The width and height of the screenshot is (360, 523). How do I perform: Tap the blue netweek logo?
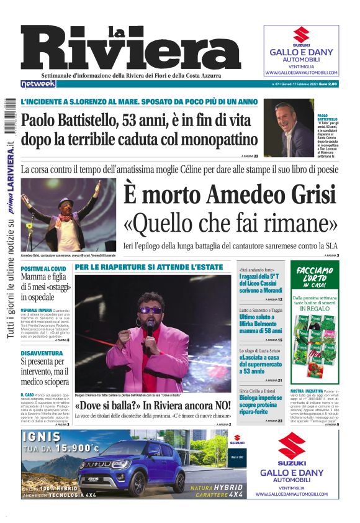point(38,84)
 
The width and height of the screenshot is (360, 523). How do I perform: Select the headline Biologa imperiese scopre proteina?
point(261,402)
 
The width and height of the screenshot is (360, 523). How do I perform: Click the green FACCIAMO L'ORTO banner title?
point(314,273)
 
